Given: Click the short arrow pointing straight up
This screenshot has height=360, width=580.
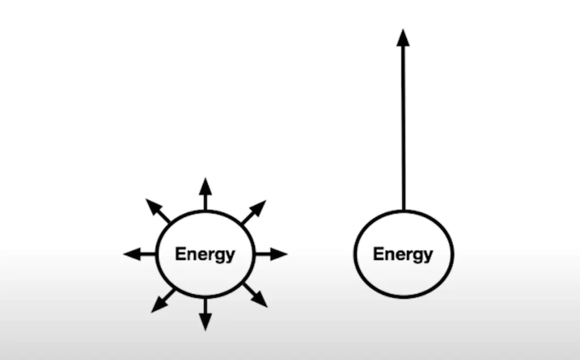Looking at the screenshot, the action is (205, 194).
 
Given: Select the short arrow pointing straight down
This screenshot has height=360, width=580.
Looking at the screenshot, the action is (205, 314).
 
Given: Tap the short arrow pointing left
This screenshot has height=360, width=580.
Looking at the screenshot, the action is (139, 254).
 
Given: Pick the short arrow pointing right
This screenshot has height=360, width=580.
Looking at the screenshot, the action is (271, 254).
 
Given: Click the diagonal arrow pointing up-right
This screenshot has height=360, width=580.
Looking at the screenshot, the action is (254, 212).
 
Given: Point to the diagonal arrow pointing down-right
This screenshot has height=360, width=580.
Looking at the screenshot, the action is (255, 295).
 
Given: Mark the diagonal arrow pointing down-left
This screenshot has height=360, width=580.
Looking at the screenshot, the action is (164, 301).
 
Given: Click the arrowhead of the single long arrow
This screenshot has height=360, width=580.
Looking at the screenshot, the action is (403, 38).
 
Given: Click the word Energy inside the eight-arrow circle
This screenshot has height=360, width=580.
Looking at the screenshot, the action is (205, 255).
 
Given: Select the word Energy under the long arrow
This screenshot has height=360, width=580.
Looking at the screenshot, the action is (403, 255).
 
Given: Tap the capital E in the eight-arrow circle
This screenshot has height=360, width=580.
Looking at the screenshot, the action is (180, 253).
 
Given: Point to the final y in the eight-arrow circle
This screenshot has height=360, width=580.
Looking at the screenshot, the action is (230, 256).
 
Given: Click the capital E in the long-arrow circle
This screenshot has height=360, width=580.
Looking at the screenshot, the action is (378, 253).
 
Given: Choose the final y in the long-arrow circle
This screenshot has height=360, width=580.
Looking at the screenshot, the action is (428, 256).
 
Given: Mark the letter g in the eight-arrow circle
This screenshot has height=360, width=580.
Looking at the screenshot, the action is (219, 256).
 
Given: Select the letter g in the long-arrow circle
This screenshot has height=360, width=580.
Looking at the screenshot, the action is (417, 256).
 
